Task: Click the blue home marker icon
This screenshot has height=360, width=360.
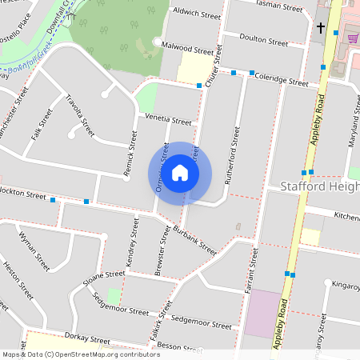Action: click(180, 173)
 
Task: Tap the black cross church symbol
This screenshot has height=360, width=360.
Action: click(321, 29)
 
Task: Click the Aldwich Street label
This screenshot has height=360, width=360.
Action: click(197, 15)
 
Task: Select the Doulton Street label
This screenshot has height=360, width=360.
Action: click(264, 41)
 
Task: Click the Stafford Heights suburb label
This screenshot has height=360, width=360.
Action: click(321, 186)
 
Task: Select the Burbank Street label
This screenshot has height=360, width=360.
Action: click(194, 240)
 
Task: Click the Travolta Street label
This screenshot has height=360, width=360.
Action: click(80, 117)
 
